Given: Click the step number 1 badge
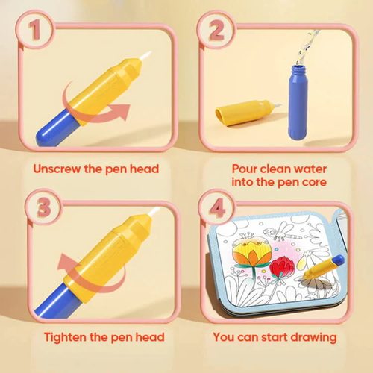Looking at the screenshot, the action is pos(35,30).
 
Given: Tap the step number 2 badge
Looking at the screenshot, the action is pos(216,30).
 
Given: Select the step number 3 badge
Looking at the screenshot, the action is pos(44,207).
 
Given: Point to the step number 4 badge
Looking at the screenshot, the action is pos(217,207).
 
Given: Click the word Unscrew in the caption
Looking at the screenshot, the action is pos(57,169).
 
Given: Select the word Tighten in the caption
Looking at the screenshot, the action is pos(66,337).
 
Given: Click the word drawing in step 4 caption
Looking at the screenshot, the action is pos(313,337).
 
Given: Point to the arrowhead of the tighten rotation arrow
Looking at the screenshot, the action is pos(66,263).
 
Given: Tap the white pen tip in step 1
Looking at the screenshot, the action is pos(145,55).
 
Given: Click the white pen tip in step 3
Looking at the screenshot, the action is pos(154,212).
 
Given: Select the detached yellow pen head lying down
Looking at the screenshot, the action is pos(245,113).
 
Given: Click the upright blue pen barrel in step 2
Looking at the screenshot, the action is pos(298,102).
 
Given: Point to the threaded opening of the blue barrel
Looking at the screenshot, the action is pos(298,69).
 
